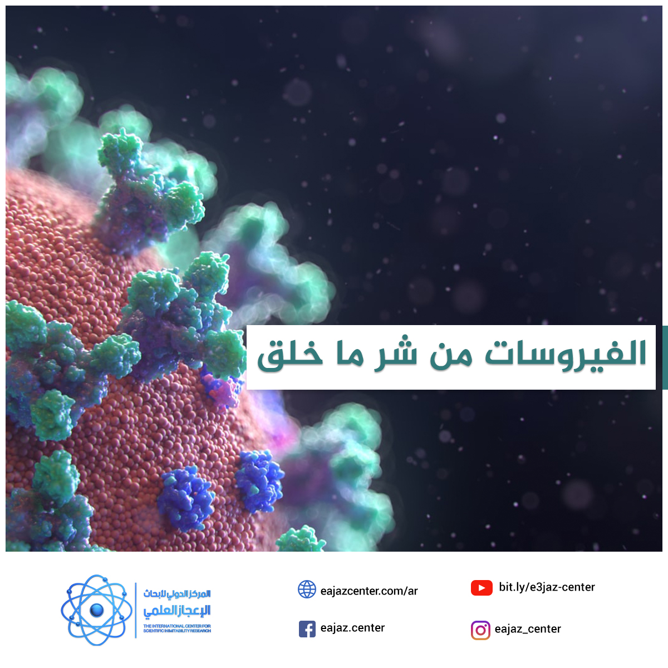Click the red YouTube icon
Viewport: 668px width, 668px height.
(x=482, y=588)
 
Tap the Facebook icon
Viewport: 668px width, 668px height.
(x=307, y=629)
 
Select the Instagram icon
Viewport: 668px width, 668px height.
(x=480, y=630)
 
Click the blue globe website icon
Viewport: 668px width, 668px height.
(x=307, y=589)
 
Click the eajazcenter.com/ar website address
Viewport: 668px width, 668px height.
(x=369, y=591)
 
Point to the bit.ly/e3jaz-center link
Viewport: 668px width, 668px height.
(x=547, y=587)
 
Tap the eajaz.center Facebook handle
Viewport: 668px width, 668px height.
(x=352, y=628)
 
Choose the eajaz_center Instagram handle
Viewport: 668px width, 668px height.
(x=528, y=629)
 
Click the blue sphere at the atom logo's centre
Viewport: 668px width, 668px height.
(x=97, y=610)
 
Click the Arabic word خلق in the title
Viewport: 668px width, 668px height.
(x=290, y=356)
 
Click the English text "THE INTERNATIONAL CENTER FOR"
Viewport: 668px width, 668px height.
(x=177, y=626)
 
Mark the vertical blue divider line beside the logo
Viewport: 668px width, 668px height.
(x=135, y=610)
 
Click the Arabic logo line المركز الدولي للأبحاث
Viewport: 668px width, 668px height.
(x=177, y=594)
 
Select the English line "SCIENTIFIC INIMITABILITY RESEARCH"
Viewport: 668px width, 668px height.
(x=177, y=631)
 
